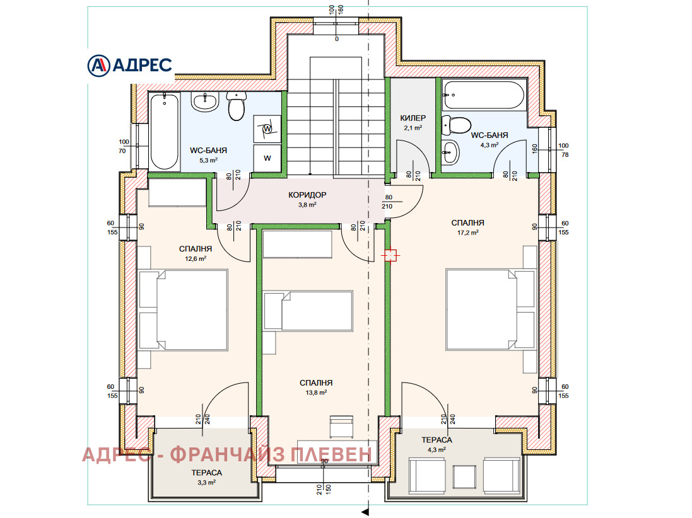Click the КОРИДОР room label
[307, 195]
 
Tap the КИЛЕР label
[413, 118]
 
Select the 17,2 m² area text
[468, 233]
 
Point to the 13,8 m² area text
[316, 393]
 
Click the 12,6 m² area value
[196, 258]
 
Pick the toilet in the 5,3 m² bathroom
[236, 106]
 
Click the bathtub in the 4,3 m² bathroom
[484, 95]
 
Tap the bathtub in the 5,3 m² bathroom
[164, 131]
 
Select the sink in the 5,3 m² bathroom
[205, 102]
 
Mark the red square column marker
[390, 255]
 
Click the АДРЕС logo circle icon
[98, 66]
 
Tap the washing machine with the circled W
[267, 129]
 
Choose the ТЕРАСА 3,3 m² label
[206, 477]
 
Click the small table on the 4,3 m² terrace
[464, 476]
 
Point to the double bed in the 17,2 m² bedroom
[491, 309]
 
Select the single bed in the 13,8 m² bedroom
[308, 311]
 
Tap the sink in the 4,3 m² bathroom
[450, 152]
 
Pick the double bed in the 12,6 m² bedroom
[183, 311]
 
